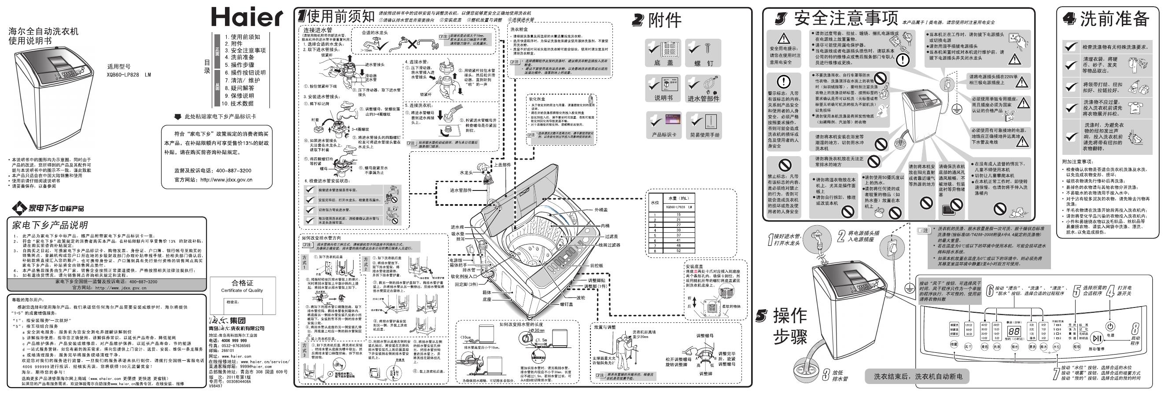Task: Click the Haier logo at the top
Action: tap(247, 18)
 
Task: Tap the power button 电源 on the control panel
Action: tap(1110, 327)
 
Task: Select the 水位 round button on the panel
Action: tap(1056, 347)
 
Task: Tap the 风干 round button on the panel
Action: tap(968, 347)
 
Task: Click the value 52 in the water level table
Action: tap(678, 250)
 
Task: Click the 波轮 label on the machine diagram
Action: tap(581, 298)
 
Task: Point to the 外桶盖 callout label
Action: tap(601, 210)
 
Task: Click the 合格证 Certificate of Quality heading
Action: tap(242, 283)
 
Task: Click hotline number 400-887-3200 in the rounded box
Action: tap(233, 170)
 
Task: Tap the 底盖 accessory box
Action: tap(664, 54)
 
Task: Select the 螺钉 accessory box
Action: tap(703, 54)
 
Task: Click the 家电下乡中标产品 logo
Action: tap(48, 208)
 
